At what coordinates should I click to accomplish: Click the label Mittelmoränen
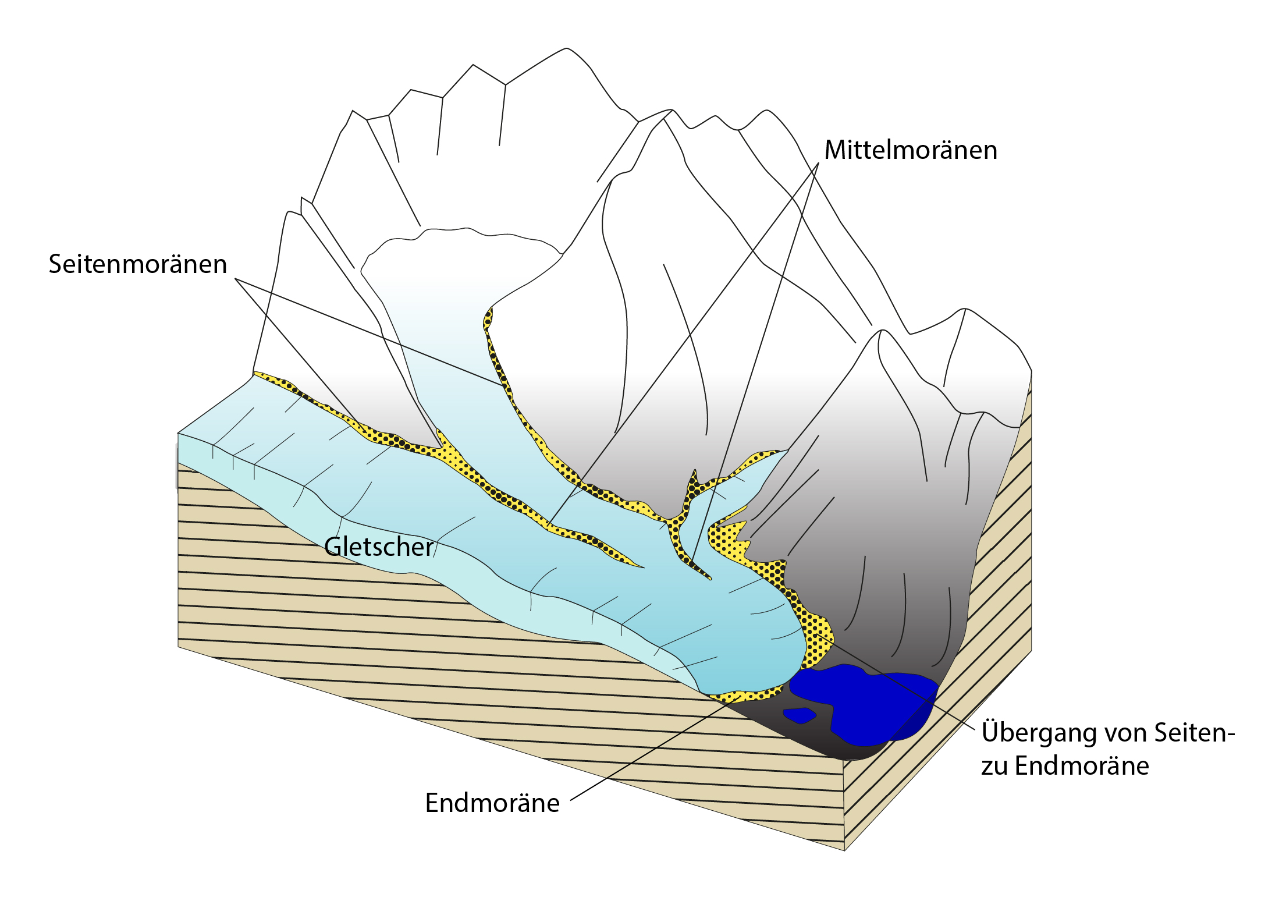pyautogui.click(x=911, y=150)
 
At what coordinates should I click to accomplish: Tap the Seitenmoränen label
pyautogui.click(x=137, y=264)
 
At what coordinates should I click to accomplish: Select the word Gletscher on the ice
pyautogui.click(x=379, y=547)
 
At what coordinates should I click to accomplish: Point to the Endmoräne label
pyautogui.click(x=492, y=803)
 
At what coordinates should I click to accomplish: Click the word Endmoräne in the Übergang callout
pyautogui.click(x=1082, y=766)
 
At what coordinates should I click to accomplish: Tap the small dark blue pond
pyautogui.click(x=800, y=715)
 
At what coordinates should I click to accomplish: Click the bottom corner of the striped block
pyautogui.click(x=844, y=850)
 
